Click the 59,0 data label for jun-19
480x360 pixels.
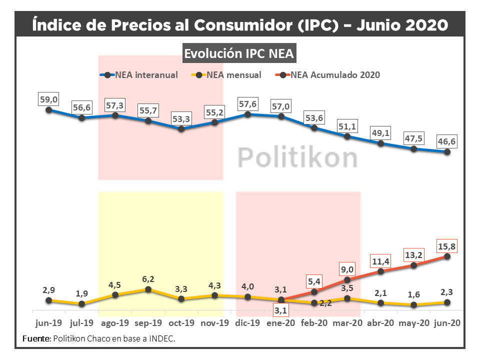49,100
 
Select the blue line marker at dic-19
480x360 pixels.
248,114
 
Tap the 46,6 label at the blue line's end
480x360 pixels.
447,142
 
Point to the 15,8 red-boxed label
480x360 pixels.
447,246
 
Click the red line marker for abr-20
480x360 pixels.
381,271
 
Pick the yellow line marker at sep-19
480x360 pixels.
148,289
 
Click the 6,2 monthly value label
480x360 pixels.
148,279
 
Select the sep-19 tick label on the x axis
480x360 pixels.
148,323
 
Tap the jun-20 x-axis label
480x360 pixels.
447,323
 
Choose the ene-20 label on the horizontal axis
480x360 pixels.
281,323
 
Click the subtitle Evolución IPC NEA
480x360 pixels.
239,53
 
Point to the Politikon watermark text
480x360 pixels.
297,157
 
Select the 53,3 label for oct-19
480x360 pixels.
181,118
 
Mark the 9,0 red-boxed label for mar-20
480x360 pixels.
347,268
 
